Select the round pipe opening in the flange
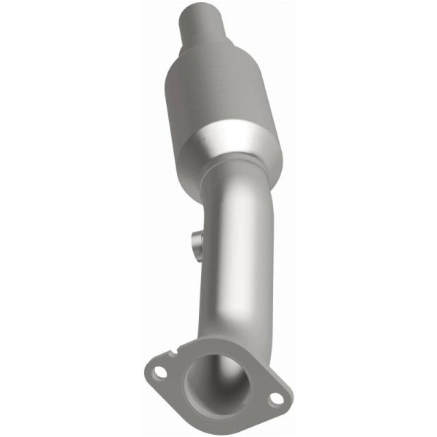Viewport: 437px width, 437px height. pyautogui.click(x=216, y=382)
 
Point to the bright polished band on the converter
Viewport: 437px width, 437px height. pyautogui.click(x=237, y=146)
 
